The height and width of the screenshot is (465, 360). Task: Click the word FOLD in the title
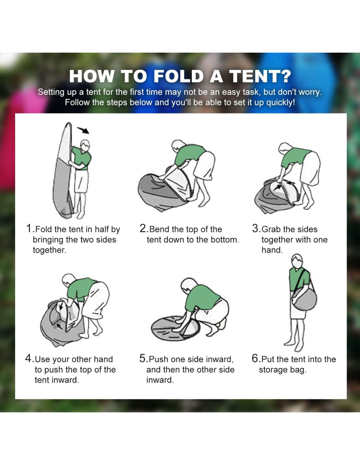(x=179, y=76)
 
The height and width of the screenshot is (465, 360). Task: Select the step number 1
(x=29, y=228)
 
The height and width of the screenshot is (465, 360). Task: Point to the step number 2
(x=143, y=228)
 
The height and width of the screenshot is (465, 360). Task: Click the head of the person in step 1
(x=85, y=146)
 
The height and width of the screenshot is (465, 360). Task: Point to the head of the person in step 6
(x=297, y=261)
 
